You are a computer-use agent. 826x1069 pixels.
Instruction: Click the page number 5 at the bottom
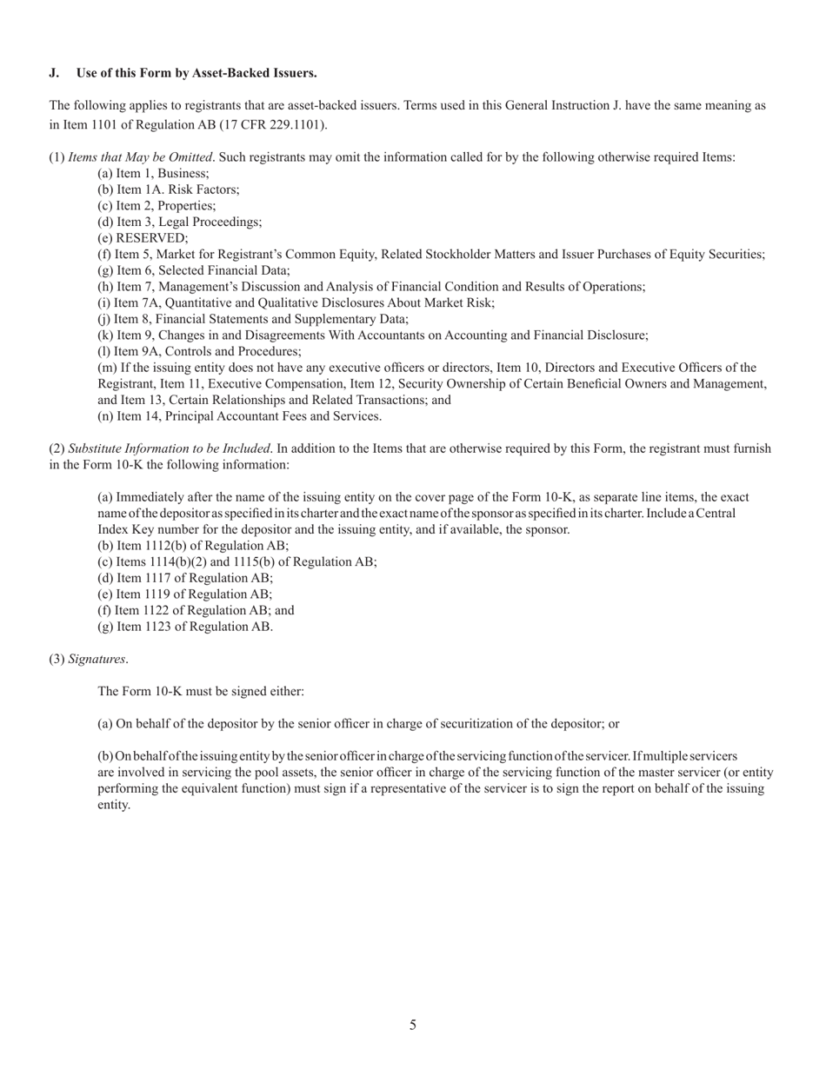[413, 1025]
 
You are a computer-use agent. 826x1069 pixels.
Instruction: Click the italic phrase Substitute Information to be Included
[169, 449]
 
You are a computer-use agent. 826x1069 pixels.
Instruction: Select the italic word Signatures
[97, 660]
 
